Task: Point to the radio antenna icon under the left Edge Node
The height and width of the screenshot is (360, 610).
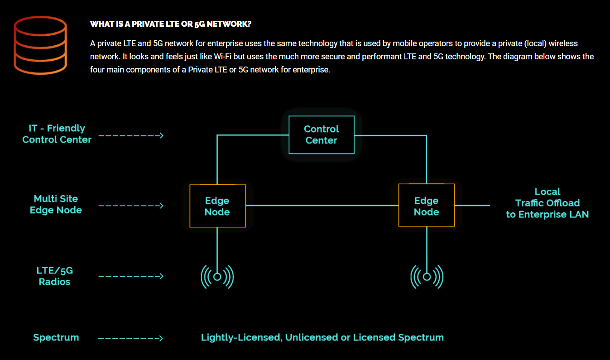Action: point(217,277)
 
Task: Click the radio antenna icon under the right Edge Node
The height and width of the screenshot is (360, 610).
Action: point(427,277)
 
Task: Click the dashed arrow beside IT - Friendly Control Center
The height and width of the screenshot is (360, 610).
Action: point(131,135)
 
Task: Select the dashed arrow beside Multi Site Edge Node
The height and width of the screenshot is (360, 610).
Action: point(131,206)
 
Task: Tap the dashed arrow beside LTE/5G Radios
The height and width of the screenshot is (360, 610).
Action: point(131,276)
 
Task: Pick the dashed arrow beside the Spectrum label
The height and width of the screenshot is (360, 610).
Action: point(131,338)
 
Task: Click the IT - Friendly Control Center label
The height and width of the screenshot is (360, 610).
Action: point(57,134)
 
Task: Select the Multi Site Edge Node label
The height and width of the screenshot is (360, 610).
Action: point(56,204)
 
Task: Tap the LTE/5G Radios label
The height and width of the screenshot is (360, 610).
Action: point(55,276)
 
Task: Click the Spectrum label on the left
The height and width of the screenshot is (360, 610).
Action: point(56,338)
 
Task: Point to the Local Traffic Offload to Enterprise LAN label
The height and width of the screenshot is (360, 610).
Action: point(548,203)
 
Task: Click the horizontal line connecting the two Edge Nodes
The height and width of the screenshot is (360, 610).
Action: point(322,205)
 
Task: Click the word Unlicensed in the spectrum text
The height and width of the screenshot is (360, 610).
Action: point(311,337)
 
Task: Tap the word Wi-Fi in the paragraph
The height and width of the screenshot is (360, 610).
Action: point(222,56)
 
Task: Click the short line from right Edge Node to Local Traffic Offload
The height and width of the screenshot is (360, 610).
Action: point(472,205)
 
